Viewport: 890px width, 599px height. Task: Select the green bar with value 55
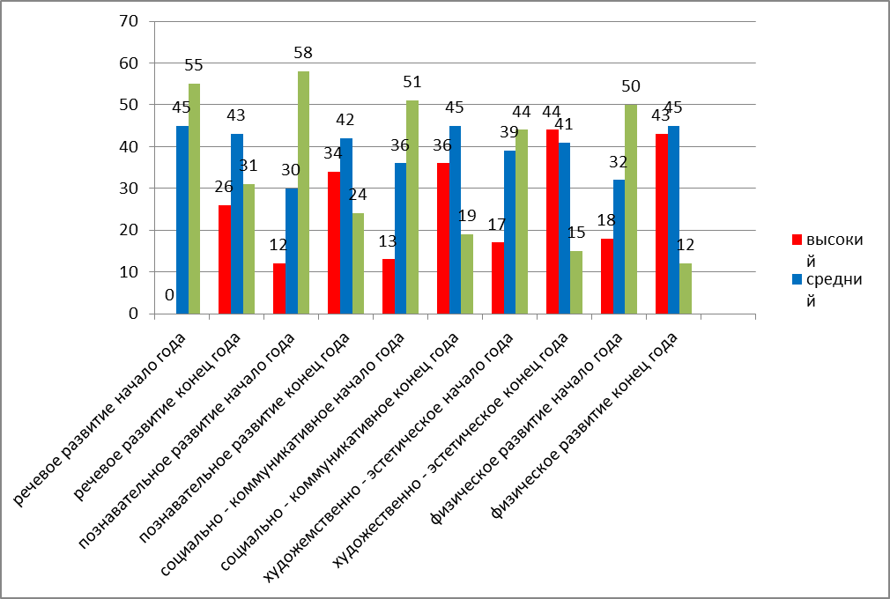point(194,198)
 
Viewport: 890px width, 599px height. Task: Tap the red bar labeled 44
point(553,221)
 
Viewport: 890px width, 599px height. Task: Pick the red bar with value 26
point(225,259)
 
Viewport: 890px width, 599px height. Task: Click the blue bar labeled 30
point(291,250)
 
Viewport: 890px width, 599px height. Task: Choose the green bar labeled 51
point(412,207)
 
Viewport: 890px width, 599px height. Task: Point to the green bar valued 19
point(467,273)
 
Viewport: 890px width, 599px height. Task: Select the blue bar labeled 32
point(619,247)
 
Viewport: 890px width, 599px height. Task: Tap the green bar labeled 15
point(576,282)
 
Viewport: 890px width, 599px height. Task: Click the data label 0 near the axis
point(169,297)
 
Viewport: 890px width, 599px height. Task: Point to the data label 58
point(303,53)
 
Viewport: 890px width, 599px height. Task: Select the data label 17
point(498,225)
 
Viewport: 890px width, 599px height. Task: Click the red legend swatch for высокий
point(797,239)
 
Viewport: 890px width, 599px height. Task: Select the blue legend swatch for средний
point(797,279)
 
